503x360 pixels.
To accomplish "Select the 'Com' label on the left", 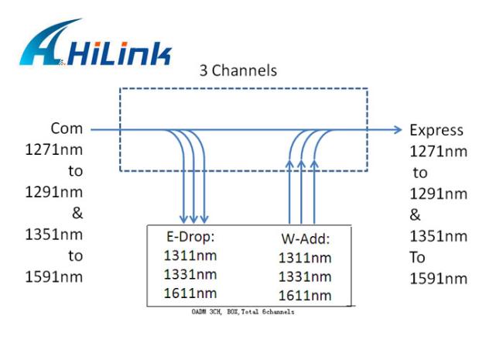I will pyautogui.click(x=67, y=129).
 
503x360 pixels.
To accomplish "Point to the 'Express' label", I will pyautogui.click(x=436, y=129).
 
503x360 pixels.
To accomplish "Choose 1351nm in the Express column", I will pyautogui.click(x=438, y=235).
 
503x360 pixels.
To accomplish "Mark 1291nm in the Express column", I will pyautogui.click(x=438, y=194).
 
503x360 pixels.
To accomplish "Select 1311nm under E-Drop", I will pyautogui.click(x=190, y=256).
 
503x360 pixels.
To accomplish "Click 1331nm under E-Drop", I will pyautogui.click(x=190, y=274).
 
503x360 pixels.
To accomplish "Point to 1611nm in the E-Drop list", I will pyautogui.click(x=190, y=293).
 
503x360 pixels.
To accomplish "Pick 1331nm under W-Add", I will pyautogui.click(x=305, y=276).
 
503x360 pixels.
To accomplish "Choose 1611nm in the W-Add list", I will pyautogui.click(x=305, y=295).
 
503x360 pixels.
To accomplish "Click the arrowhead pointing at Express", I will pyautogui.click(x=398, y=129).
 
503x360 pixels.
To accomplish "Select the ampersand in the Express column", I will pyautogui.click(x=416, y=214).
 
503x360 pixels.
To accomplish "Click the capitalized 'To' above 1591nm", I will pyautogui.click(x=418, y=257).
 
